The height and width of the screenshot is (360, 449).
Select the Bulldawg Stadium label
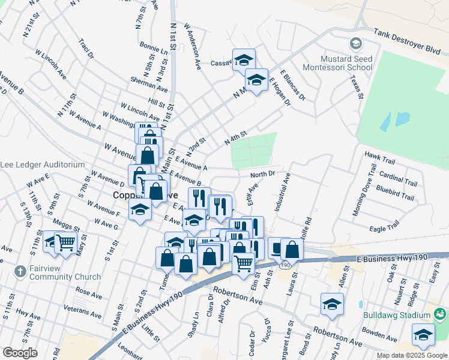coord(397,315)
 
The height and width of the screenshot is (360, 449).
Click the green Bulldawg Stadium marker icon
coord(441,314)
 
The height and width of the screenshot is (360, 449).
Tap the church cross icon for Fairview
coord(20,271)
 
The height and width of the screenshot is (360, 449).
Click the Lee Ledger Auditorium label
coord(42,164)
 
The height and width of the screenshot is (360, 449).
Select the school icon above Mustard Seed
coord(356,44)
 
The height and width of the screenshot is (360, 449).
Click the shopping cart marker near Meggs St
coord(65,242)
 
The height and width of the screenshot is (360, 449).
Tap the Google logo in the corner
coord(20,353)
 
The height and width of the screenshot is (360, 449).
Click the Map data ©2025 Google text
coord(411,355)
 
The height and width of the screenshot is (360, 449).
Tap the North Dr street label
coord(262,174)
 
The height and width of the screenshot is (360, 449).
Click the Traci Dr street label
coord(86,49)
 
